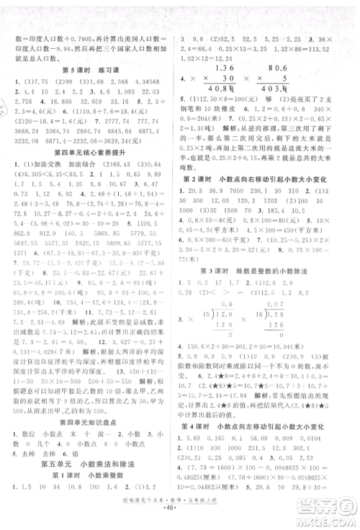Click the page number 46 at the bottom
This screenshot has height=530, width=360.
(x=180, y=517)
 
